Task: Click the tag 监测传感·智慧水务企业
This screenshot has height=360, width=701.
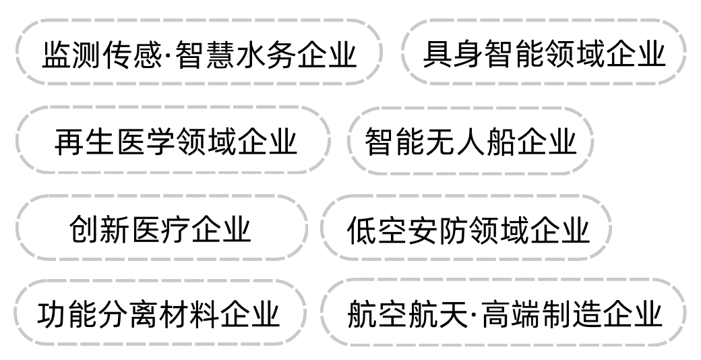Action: pyautogui.click(x=199, y=52)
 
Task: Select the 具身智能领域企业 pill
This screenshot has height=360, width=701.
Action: pyautogui.click(x=544, y=52)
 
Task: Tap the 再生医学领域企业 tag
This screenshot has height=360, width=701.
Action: pyautogui.click(x=173, y=140)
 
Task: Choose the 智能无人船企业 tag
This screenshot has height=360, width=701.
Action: pyautogui.click(x=470, y=140)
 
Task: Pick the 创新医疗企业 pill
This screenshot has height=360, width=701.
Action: pyautogui.click(x=161, y=228)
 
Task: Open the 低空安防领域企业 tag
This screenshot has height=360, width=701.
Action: pyautogui.click(x=466, y=228)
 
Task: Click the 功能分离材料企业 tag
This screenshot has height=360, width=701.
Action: pyautogui.click(x=159, y=313)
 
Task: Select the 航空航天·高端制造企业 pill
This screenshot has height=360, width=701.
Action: pyautogui.click(x=504, y=313)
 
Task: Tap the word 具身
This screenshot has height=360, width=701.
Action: pyautogui.click(x=452, y=53)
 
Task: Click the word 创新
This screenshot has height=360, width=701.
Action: pyautogui.click(x=100, y=229)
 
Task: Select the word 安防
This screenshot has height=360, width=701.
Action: pyautogui.click(x=437, y=229)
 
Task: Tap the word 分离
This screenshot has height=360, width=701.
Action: pyautogui.click(x=129, y=314)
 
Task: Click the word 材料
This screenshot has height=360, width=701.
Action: pyautogui.click(x=189, y=314)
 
